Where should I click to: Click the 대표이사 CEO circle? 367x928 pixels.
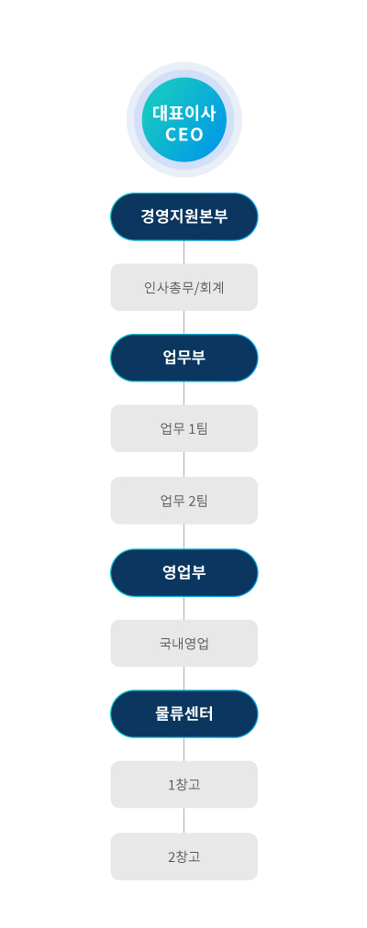point(184,119)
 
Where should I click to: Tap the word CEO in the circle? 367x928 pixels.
point(184,135)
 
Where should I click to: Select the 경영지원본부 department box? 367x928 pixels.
point(184,216)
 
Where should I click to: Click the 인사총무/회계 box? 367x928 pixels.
point(184,287)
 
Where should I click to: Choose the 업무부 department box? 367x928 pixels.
point(184,358)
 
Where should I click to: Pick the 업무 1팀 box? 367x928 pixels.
point(184,428)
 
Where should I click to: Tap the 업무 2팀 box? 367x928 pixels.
point(184,501)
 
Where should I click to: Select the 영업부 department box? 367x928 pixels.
point(184,572)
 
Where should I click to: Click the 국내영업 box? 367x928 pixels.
point(184,644)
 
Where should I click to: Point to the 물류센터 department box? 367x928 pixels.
point(184,713)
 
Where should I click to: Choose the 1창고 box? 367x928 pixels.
point(184,784)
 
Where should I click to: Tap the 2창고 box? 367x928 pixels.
point(184,856)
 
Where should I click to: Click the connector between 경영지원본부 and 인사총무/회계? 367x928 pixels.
point(184,252)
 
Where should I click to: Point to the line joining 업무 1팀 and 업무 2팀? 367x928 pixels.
point(184,465)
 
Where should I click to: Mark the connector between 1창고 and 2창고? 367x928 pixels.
point(184,821)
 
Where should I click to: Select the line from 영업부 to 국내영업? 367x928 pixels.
point(184,608)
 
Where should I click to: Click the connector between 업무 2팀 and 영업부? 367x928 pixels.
point(184,536)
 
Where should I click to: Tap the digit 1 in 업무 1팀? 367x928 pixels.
point(192,429)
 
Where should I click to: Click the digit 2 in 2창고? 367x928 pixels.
point(172,856)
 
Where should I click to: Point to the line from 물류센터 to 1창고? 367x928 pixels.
point(184,749)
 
